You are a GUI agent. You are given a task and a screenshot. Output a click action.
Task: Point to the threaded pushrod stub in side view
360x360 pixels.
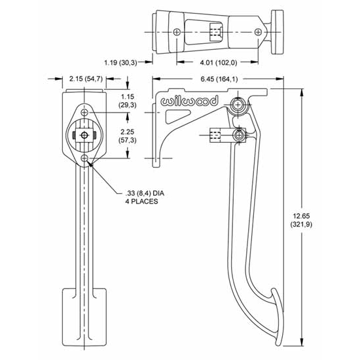(213, 135)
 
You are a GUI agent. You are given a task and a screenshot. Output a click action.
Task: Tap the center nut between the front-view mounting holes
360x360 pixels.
(83, 135)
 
